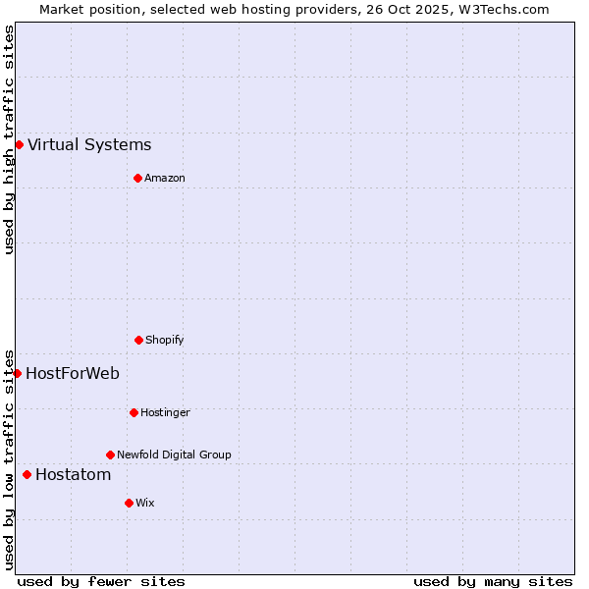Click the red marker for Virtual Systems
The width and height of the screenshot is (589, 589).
point(19,145)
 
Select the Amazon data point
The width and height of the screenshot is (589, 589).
point(137,178)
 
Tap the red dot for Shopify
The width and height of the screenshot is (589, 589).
point(138,340)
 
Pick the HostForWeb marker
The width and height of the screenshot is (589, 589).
point(17,373)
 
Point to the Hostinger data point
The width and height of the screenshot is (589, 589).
point(134,412)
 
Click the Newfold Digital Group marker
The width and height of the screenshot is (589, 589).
point(110,455)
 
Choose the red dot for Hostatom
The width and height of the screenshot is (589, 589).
point(27,475)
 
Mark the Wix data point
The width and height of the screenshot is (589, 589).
point(129,503)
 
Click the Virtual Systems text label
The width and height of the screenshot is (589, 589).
point(89,145)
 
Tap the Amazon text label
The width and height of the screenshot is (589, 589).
point(165,178)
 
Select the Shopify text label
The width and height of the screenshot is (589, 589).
point(165,340)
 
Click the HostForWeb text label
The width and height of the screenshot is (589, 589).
point(73,373)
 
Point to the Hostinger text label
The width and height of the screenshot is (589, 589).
point(165,412)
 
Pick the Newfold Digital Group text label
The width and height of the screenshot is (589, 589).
point(174,455)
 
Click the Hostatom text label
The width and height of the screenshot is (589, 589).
point(73,475)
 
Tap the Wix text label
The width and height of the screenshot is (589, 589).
point(145,503)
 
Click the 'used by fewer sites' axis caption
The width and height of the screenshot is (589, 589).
point(101,581)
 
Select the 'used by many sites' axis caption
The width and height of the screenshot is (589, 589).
point(493,581)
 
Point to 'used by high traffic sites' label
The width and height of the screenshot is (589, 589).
point(9,139)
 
